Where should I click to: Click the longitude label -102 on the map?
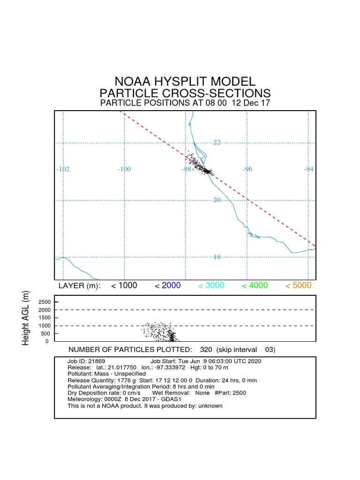click(63, 169)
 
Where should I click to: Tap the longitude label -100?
click(124, 169)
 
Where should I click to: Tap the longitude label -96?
click(247, 169)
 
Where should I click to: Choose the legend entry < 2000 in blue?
click(167, 285)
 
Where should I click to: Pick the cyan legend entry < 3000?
click(211, 285)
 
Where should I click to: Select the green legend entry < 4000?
click(255, 285)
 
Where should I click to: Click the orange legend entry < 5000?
click(298, 285)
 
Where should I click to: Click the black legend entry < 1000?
click(124, 285)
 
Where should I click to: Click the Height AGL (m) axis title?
click(26, 318)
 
